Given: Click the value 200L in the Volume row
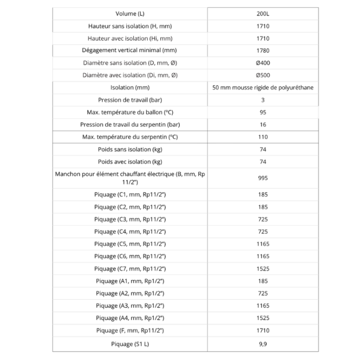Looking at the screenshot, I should (x=263, y=14).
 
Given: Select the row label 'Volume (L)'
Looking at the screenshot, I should (x=130, y=14).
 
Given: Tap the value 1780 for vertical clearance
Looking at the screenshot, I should (x=263, y=51).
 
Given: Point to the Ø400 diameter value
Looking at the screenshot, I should (x=263, y=63).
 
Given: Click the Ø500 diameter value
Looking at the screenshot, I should (x=263, y=75).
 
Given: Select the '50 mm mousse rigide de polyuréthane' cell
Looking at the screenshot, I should (x=263, y=88).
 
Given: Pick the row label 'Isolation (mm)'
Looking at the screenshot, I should (x=130, y=88).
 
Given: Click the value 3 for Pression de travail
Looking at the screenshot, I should (x=263, y=100).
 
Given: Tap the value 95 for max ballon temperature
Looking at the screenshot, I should (x=263, y=112).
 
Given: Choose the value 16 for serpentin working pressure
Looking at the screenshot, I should (x=263, y=125).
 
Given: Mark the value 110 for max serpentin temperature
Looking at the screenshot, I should (x=263, y=137).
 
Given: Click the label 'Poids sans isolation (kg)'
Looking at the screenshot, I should (x=130, y=150).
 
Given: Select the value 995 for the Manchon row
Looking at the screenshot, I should (x=263, y=178).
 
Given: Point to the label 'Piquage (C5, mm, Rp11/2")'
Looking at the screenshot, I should (x=130, y=244).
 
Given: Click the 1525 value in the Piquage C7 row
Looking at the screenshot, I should (x=263, y=268).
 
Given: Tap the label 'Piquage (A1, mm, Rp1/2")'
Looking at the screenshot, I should (x=130, y=281).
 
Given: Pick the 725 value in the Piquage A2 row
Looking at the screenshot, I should (x=263, y=293).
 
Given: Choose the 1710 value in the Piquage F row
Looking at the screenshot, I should (x=263, y=331).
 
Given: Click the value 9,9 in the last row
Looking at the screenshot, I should (x=263, y=344).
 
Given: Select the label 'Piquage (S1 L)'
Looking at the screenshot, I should (x=130, y=344).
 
